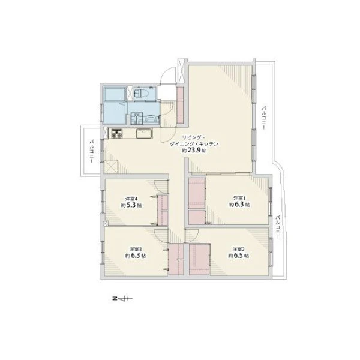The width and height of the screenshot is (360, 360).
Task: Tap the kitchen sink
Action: pyautogui.click(x=144, y=133)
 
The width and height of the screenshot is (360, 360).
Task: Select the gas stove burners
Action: pyautogui.click(x=117, y=134)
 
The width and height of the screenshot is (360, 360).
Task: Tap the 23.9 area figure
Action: pyautogui.click(x=194, y=151)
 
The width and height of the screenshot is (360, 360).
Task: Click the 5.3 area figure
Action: pyautogui.click(x=131, y=205)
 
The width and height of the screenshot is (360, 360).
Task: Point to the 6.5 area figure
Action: pyautogui.click(x=239, y=256)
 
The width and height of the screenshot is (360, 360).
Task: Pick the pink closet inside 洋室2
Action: pyautogui.click(x=199, y=259)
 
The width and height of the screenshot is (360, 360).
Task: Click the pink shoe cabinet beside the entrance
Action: pyautogui.click(x=180, y=105)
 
